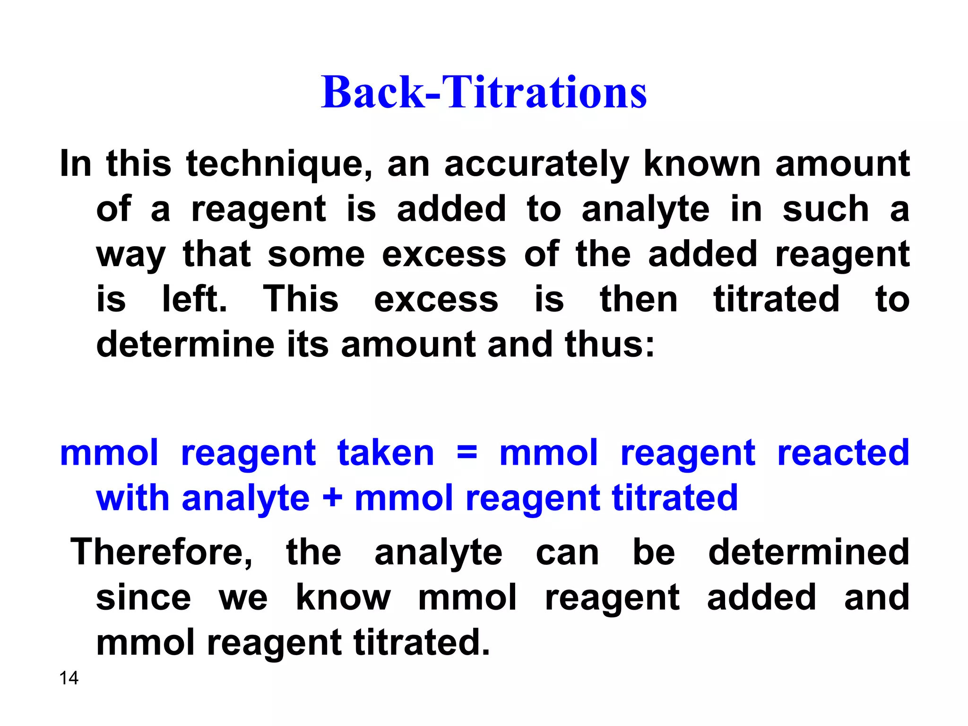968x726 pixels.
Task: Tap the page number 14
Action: pyautogui.click(x=69, y=678)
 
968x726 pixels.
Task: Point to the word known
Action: pyautogui.click(x=702, y=164)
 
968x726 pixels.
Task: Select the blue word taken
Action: pyautogui.click(x=386, y=452)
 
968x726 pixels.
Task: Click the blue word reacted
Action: pyautogui.click(x=843, y=452)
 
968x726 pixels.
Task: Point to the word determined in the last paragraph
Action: pyautogui.click(x=809, y=552)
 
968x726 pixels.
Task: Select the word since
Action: pyautogui.click(x=144, y=597)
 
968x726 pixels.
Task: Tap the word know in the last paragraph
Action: pyautogui.click(x=343, y=597)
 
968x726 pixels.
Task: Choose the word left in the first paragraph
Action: pyautogui.click(x=194, y=299)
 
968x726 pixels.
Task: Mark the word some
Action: pyautogui.click(x=316, y=254)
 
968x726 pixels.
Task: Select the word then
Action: pyautogui.click(x=639, y=299)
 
